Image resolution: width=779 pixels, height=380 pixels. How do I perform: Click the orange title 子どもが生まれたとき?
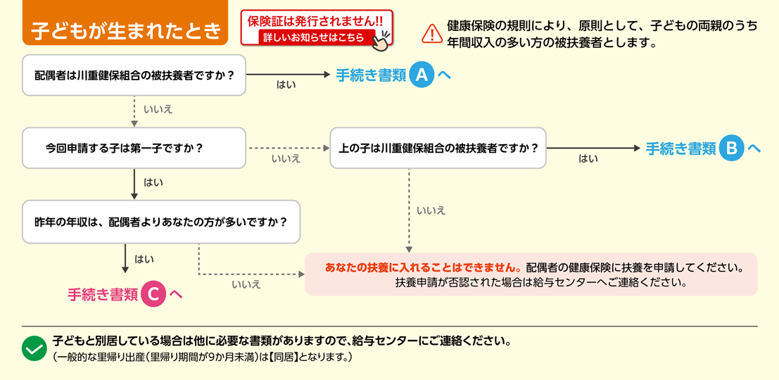click(x=126, y=32)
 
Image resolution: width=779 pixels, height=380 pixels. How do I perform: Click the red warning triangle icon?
click(x=431, y=33)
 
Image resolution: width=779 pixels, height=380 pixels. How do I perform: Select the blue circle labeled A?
click(x=422, y=75)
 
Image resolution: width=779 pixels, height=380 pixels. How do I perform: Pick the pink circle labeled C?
click(x=153, y=294)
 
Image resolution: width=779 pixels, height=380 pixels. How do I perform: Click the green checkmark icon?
click(x=34, y=348)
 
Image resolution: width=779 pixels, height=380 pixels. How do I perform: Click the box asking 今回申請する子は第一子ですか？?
click(x=134, y=148)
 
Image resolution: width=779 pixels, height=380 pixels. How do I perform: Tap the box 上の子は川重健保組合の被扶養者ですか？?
click(x=438, y=148)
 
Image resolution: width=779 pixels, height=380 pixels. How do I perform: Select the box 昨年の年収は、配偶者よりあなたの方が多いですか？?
click(x=161, y=222)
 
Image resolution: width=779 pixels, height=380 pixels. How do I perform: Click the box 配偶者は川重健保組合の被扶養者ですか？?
click(x=134, y=75)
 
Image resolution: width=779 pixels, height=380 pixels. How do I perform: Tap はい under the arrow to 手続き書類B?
click(x=588, y=159)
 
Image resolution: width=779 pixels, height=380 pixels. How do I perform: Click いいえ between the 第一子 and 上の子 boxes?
click(x=286, y=159)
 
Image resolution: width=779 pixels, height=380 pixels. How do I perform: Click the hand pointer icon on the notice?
click(x=381, y=41)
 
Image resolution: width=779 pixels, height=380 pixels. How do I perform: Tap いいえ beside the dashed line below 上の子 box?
click(x=431, y=210)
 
